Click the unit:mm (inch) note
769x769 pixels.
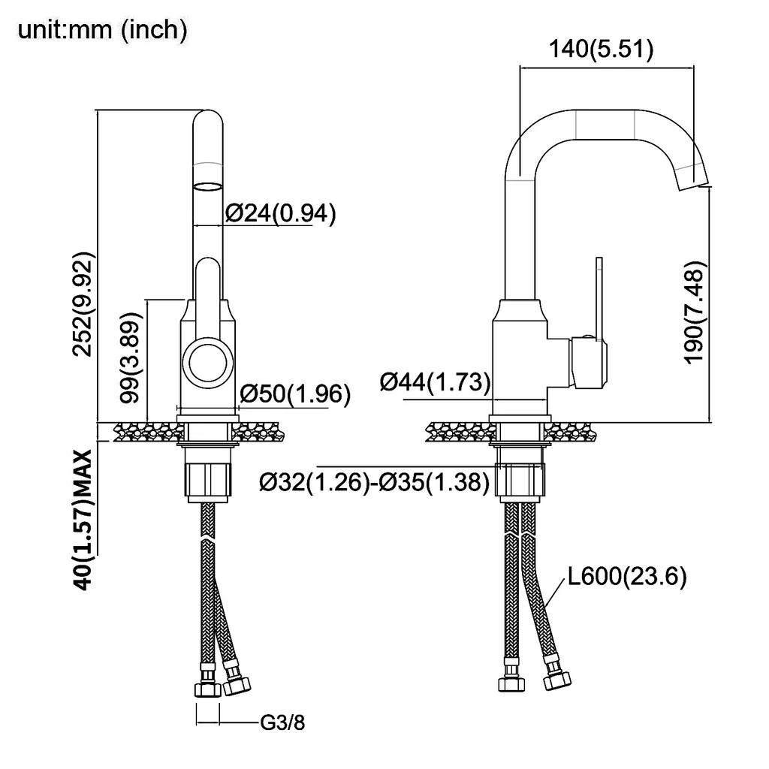tap(102, 29)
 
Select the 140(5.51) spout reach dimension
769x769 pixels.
tap(601, 50)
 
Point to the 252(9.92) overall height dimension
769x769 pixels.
tap(85, 304)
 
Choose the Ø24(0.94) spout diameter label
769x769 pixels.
tap(279, 214)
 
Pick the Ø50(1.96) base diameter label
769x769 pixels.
tap(294, 394)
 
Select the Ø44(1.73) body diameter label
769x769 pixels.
tap(435, 382)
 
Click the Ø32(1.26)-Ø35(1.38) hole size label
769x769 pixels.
tap(374, 482)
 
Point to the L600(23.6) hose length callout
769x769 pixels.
tap(626, 577)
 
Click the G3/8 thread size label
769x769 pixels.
tap(282, 723)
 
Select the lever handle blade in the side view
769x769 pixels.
tap(599, 297)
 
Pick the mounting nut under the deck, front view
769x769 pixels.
tap(208, 480)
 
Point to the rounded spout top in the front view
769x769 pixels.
tap(208, 124)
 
